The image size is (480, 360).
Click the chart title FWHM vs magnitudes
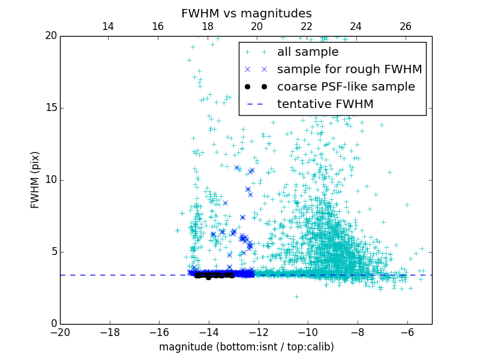[x=246, y=13]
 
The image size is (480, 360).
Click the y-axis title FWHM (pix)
[x=35, y=179]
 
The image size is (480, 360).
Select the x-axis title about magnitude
[x=246, y=347]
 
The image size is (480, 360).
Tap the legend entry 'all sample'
[x=307, y=52]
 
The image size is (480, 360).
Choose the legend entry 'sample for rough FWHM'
[x=349, y=70]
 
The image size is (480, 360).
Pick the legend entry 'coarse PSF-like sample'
[x=346, y=87]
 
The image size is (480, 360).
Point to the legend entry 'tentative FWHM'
[x=325, y=104]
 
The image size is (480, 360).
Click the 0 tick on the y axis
[x=53, y=324]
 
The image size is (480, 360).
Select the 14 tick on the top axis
[x=108, y=26]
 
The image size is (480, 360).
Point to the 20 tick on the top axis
[x=257, y=26]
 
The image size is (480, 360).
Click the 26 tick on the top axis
[x=406, y=26]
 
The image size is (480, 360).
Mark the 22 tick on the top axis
[x=307, y=26]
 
